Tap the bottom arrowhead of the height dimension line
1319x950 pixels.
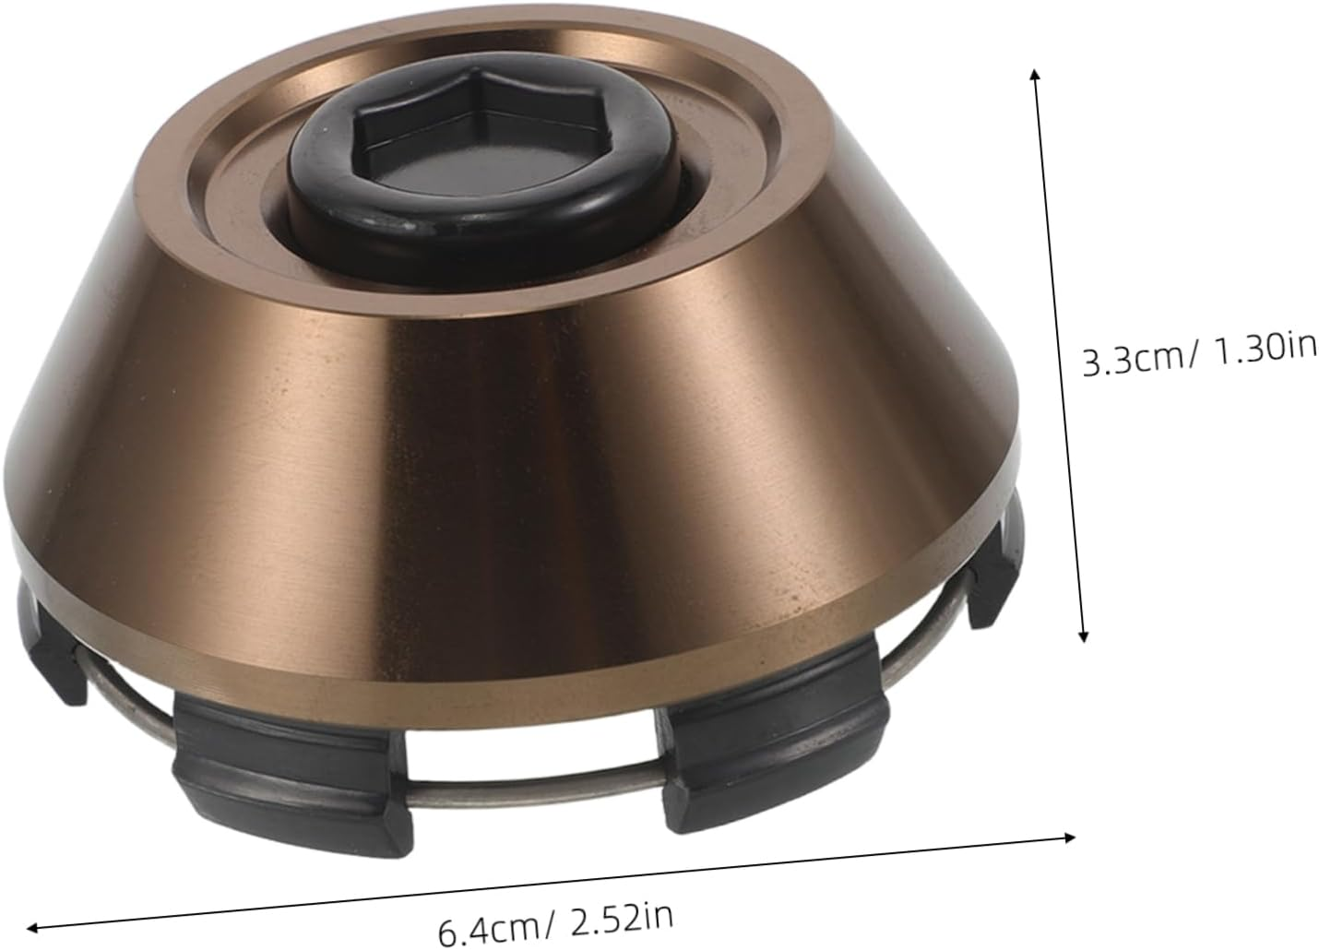coord(1084,636)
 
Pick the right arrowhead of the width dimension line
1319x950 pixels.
coord(1068,838)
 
